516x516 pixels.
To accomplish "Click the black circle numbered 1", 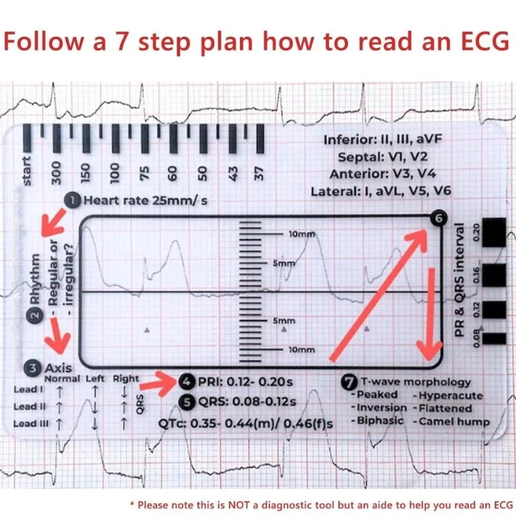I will click(73, 201).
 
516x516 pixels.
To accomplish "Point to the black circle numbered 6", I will click(439, 219).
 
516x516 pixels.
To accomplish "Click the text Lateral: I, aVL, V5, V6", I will click(381, 192).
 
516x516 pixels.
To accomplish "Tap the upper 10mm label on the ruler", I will click(301, 234).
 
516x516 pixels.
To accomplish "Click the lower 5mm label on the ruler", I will click(284, 321).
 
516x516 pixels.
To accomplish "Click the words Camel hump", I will click(453, 422).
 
